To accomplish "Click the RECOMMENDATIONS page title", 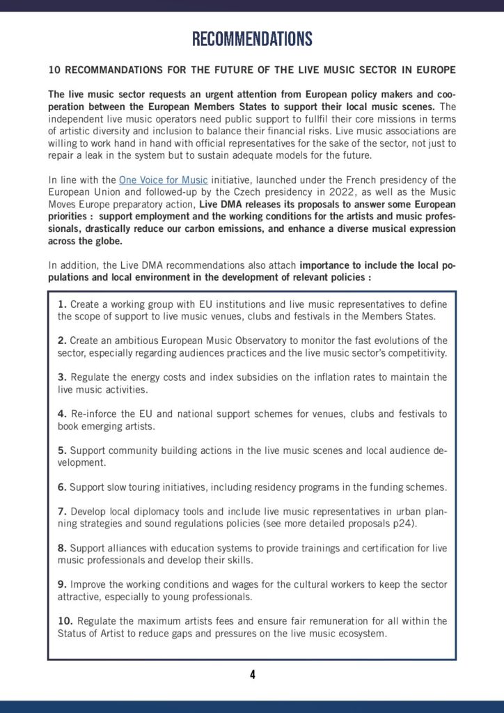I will [x=252, y=38].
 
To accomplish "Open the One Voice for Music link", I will [x=163, y=180].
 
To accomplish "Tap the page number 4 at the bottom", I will [x=252, y=674].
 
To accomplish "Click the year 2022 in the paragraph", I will [x=331, y=191].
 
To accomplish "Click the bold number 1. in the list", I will [x=62, y=304].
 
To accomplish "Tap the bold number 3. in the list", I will [x=62, y=377].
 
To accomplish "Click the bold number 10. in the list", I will [x=65, y=620].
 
